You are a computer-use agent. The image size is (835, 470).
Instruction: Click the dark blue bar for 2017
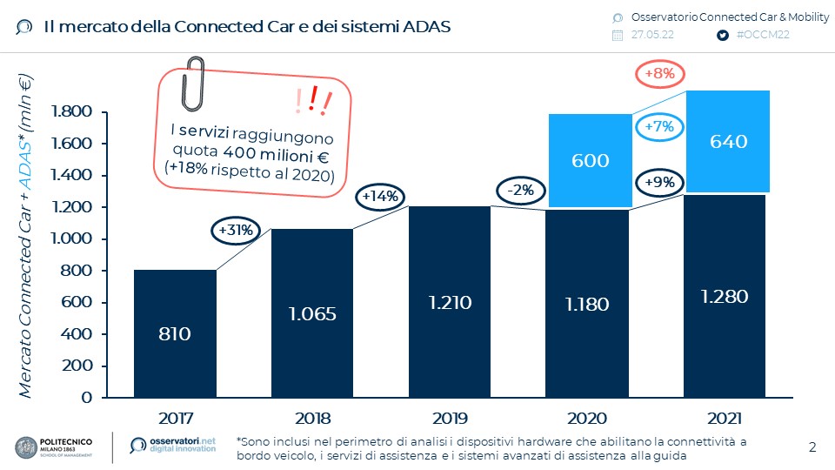pos(175,333)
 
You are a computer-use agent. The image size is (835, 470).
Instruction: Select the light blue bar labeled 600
pos(590,160)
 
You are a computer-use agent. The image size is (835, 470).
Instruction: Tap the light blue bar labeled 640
pos(728,141)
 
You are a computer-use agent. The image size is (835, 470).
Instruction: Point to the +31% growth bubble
pos(235,231)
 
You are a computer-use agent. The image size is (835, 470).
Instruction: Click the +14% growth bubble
pos(380,197)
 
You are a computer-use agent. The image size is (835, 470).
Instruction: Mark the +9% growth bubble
pos(660,183)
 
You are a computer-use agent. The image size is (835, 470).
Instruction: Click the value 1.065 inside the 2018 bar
pos(312,313)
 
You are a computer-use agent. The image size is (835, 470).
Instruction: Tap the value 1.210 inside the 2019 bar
pos(450,303)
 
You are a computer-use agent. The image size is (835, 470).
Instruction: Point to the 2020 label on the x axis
pos(587,418)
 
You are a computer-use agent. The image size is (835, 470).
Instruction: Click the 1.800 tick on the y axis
pos(72,111)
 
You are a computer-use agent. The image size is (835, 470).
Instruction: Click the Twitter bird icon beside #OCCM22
pos(722,36)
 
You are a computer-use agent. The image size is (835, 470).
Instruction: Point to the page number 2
pos(812,448)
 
